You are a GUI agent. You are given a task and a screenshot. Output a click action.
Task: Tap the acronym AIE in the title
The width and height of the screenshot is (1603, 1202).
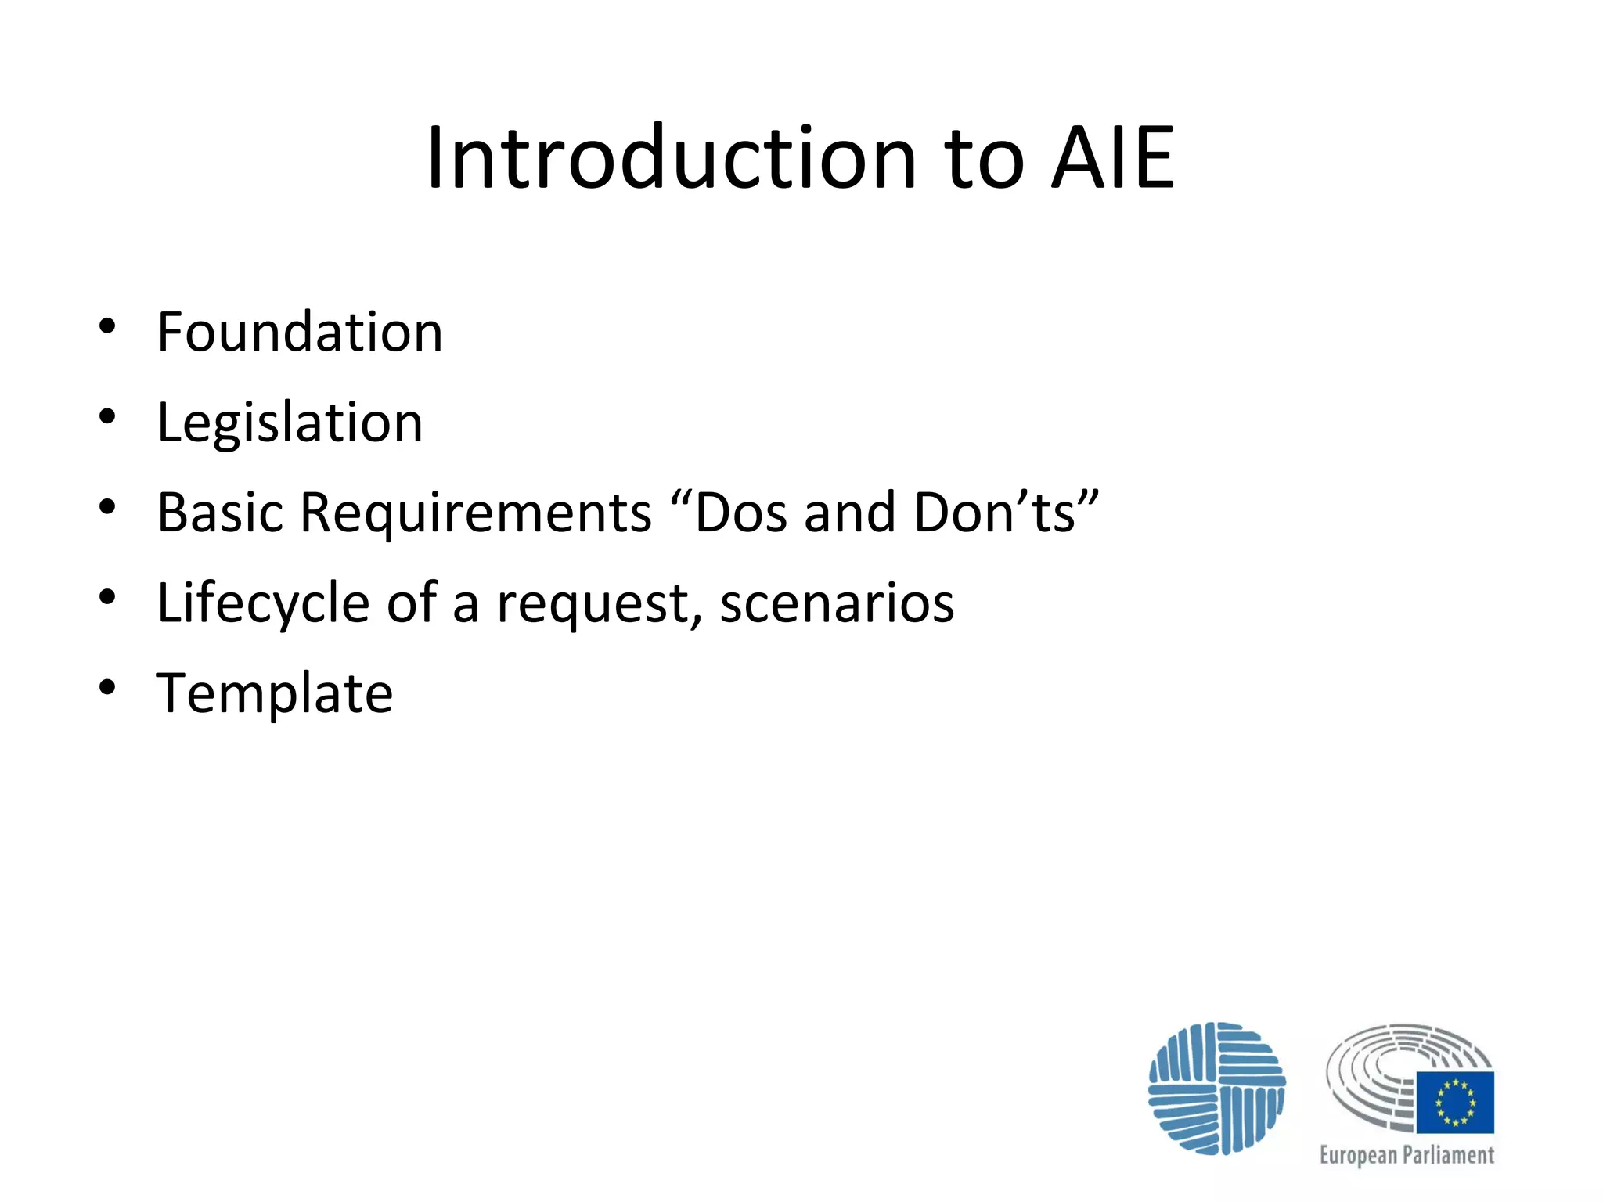coord(1112,159)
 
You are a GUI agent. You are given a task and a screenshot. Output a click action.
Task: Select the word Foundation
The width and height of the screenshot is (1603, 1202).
coord(300,332)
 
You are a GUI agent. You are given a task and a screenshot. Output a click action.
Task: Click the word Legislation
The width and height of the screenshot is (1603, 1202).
coord(290,423)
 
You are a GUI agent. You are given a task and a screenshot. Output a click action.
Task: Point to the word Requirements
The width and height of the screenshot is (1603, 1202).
coord(476,513)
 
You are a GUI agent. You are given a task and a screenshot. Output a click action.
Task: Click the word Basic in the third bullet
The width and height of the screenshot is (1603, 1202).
coord(220,513)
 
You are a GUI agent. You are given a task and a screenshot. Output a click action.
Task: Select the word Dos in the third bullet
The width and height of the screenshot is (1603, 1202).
coord(740,513)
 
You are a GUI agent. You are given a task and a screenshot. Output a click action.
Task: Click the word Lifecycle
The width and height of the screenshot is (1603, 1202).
coord(263,603)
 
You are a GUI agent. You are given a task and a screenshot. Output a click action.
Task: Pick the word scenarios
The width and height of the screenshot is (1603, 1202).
coord(837,603)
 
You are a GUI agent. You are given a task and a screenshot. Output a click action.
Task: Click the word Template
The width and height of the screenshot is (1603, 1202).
coord(275,693)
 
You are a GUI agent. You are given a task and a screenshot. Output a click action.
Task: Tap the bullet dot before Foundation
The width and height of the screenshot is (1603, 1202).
coord(107,326)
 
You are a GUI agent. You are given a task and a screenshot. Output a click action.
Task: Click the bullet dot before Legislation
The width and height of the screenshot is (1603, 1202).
coord(107,416)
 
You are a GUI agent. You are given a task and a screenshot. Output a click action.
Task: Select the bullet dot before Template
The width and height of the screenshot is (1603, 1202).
coord(107,687)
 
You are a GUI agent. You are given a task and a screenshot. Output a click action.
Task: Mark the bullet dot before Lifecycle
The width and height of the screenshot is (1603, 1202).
coord(107,597)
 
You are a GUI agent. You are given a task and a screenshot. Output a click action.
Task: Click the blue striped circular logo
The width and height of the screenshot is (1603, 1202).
coord(1216,1088)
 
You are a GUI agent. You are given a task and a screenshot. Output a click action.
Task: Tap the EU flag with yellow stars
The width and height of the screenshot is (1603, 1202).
coord(1455,1103)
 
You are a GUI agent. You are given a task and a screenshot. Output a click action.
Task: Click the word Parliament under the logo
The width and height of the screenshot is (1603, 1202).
coord(1448,1156)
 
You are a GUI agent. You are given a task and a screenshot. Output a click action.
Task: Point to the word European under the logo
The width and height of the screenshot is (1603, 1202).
coord(1358,1156)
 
